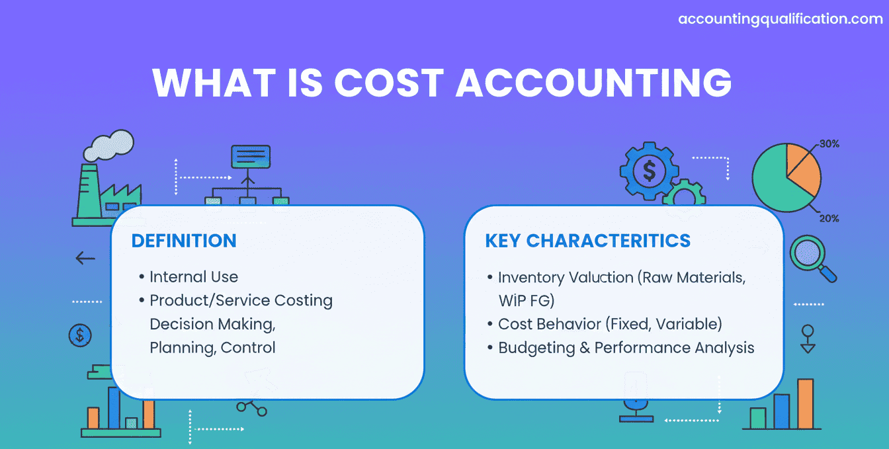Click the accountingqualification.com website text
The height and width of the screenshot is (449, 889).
tap(781, 19)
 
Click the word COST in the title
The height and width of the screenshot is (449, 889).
tap(389, 83)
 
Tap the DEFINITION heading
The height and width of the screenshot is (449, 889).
tap(184, 241)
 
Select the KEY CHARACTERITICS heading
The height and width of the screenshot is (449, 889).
tap(588, 241)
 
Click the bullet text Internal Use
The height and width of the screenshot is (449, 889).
tap(194, 277)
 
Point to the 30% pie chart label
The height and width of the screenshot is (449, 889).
tap(829, 144)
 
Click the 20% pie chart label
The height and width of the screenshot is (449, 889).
tap(829, 218)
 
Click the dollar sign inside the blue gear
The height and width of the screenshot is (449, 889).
tap(650, 171)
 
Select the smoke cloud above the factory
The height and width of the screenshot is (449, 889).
tap(108, 145)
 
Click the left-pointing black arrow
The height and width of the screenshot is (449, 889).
tap(85, 258)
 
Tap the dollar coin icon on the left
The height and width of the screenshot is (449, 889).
tap(80, 335)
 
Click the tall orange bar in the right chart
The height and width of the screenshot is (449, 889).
tap(806, 404)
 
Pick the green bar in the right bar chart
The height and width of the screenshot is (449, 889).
tap(757, 419)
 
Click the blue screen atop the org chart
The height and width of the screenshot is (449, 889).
tap(251, 157)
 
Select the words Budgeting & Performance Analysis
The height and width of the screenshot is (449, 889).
tap(626, 348)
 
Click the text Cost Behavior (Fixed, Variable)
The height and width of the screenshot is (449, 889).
tap(610, 325)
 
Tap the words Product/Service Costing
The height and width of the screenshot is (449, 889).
tap(241, 301)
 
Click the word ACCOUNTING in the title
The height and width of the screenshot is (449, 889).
tap(594, 83)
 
